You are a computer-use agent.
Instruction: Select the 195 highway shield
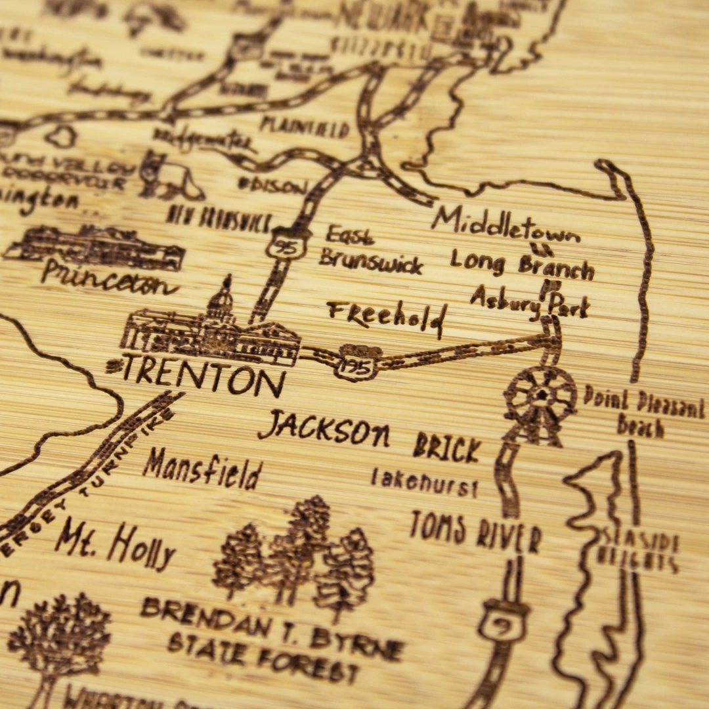point(357,362)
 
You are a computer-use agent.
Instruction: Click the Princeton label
point(108,278)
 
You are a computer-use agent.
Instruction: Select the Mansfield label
point(202,470)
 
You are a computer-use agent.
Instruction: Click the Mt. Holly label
point(116,544)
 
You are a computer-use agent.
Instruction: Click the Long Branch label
point(522,265)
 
